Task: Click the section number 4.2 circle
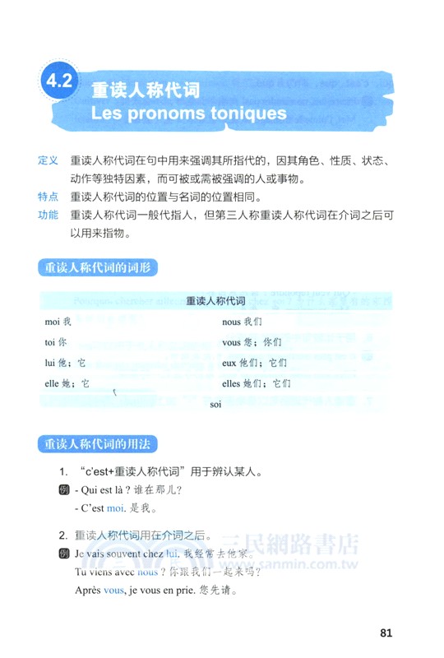60,81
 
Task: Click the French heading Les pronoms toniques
188,112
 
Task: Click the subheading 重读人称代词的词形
98,268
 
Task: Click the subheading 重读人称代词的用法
98,445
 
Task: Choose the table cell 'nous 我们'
242,322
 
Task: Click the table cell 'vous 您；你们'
252,342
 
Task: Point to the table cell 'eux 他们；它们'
254,363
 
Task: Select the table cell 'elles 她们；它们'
257,383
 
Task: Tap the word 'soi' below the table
216,405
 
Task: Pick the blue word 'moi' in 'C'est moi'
116,508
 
